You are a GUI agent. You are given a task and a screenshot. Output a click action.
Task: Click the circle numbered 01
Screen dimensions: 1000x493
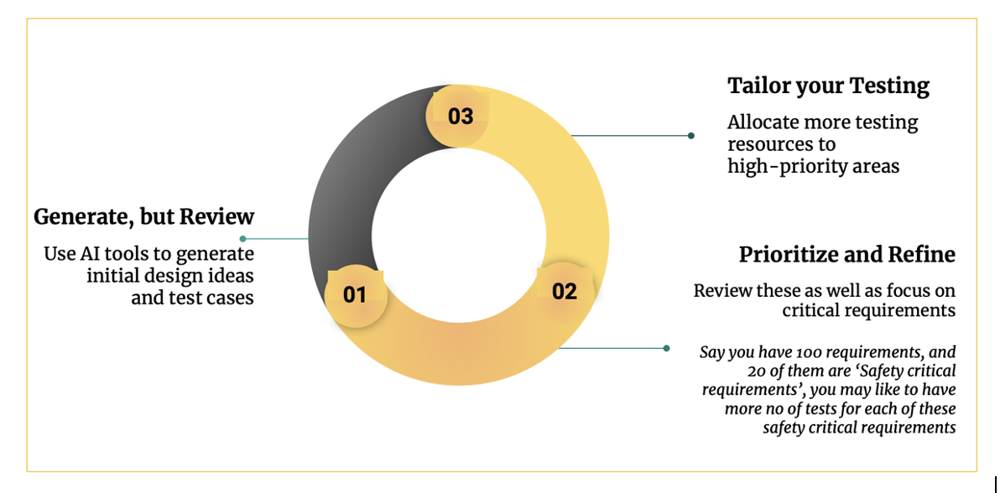point(355,295)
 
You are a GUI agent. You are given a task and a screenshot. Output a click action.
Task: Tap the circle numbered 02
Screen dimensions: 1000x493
point(564,292)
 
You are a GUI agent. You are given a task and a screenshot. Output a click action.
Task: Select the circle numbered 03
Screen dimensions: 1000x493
point(460,117)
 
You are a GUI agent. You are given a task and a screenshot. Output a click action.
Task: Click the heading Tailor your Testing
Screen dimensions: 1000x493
point(828,86)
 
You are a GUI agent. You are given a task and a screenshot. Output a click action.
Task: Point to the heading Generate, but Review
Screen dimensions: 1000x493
point(143,216)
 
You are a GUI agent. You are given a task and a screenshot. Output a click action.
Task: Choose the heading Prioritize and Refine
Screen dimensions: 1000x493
point(846,254)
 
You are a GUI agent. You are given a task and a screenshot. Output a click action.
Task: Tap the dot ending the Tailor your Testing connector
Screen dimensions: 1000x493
point(690,136)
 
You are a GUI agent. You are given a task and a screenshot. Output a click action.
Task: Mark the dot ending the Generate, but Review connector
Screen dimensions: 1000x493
point(242,239)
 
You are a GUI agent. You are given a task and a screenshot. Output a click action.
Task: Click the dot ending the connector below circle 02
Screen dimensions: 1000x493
point(666,348)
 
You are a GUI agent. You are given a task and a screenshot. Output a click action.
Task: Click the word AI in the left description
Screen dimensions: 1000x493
point(91,254)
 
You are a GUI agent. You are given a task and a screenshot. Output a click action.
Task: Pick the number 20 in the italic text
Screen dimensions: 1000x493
point(758,371)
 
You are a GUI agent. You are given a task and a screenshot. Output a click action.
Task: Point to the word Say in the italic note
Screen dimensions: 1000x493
point(712,353)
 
